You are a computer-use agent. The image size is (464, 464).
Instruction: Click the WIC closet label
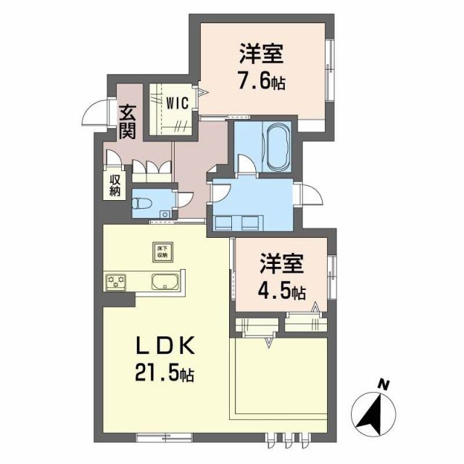tap(177, 103)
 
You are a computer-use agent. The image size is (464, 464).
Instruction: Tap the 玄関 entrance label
tap(128, 122)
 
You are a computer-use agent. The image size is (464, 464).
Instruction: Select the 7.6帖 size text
tap(258, 80)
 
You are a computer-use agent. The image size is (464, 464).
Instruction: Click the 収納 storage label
tap(115, 186)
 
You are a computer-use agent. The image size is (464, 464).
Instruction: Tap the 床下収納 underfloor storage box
tap(160, 251)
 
